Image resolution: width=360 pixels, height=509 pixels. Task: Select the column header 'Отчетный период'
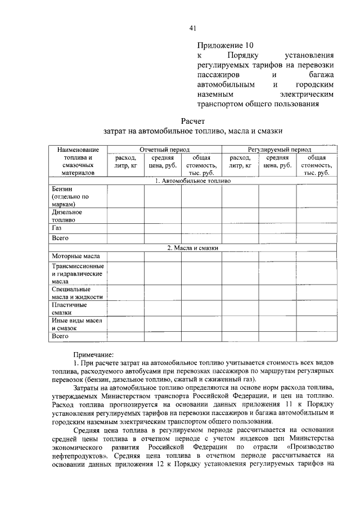click(x=164, y=150)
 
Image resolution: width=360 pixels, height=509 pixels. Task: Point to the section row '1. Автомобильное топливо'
click(x=192, y=181)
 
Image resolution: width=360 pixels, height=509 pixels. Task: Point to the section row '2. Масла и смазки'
click(x=192, y=247)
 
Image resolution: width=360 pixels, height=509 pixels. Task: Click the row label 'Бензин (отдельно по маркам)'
click(x=70, y=197)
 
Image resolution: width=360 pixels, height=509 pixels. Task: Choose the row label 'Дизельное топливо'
click(x=67, y=217)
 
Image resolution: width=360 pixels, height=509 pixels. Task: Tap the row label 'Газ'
click(x=57, y=229)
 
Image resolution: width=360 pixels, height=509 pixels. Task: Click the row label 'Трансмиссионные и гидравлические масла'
click(x=78, y=273)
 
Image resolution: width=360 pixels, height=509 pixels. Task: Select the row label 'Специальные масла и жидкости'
click(x=77, y=292)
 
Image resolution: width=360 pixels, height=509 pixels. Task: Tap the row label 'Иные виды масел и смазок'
click(x=76, y=324)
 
